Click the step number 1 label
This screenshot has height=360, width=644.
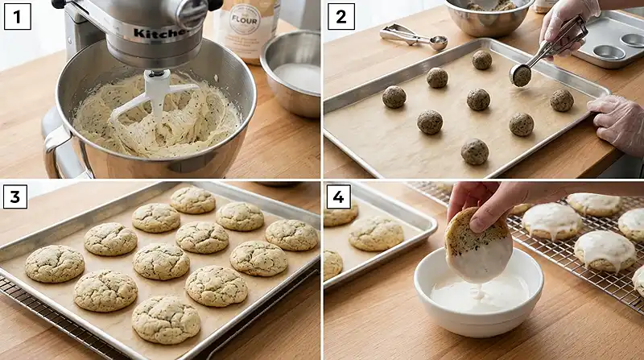click(x=17, y=15)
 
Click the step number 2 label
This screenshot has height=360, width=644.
click(x=341, y=15)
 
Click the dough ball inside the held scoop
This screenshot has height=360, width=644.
click(x=522, y=77)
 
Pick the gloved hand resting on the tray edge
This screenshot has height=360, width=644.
click(x=618, y=121)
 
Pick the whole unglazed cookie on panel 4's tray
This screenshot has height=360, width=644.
click(x=376, y=233)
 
